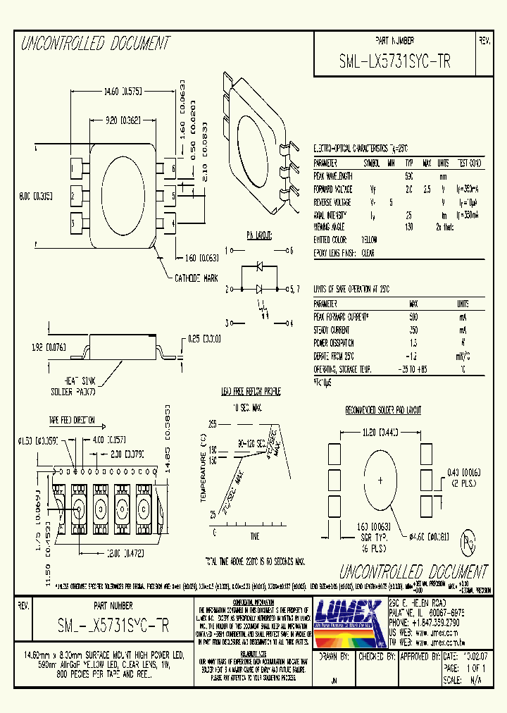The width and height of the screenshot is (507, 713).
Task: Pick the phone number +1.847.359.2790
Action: click(429, 623)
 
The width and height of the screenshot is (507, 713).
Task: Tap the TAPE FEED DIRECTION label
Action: click(73, 420)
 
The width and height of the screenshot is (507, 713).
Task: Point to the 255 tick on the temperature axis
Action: click(211, 423)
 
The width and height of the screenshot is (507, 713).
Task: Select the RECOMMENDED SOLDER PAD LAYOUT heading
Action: click(383, 410)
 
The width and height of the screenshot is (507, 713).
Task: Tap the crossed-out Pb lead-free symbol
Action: click(467, 542)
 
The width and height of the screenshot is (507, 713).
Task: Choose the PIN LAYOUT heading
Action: click(259, 235)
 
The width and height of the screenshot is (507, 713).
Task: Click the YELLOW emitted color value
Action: click(369, 240)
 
